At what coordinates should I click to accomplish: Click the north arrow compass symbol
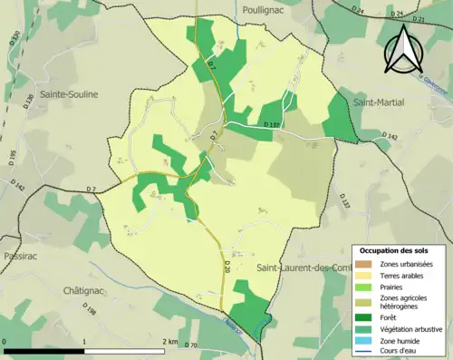point(404,49)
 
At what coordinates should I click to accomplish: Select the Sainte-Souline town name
point(69,93)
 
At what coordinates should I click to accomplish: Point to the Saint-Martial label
point(380,102)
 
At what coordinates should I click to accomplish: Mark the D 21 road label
point(419,18)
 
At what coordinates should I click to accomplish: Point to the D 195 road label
point(12,158)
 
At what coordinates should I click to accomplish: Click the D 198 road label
point(90,315)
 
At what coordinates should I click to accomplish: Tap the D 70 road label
point(191,345)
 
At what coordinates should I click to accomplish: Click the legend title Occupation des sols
point(393,250)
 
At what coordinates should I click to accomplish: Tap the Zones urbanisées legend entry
point(406,263)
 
